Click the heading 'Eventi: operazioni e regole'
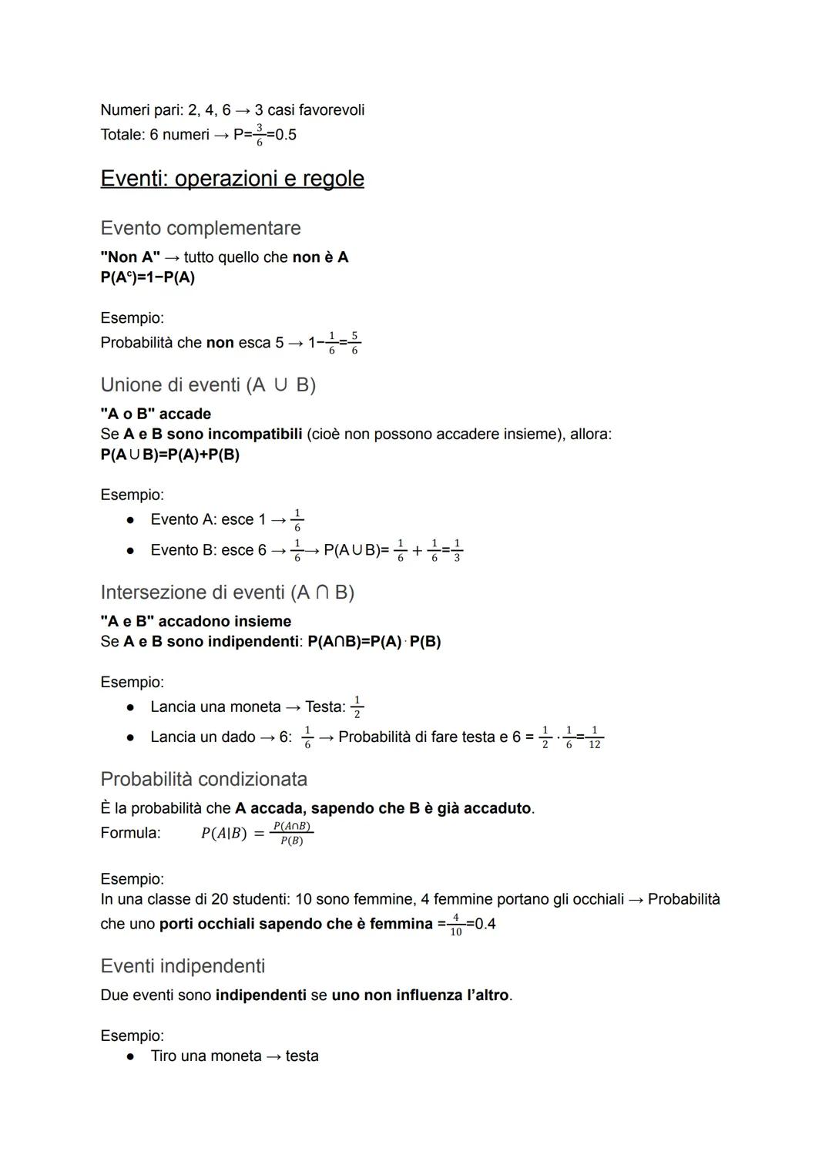coord(232,179)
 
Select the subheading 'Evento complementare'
coord(200,228)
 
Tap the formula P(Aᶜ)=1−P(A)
coord(147,277)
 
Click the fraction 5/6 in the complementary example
coord(354,343)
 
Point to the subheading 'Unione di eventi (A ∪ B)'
coord(208,384)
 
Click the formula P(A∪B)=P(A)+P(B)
coord(169,455)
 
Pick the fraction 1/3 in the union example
coord(457,550)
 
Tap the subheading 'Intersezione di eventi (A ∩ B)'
coord(227,592)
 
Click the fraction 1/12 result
coord(594,737)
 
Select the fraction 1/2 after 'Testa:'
coord(357,707)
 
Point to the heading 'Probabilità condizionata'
coord(203,779)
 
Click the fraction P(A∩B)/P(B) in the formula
coord(292,834)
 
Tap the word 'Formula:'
coord(130,833)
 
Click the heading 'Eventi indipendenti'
coord(183,966)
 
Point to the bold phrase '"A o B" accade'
coord(155,414)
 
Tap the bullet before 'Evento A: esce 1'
coord(131,520)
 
